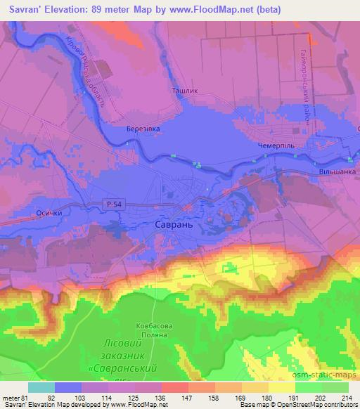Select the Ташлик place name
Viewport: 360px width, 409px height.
(x=184, y=91)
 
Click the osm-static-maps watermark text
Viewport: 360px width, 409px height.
(x=326, y=377)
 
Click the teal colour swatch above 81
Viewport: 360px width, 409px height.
(x=41, y=387)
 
